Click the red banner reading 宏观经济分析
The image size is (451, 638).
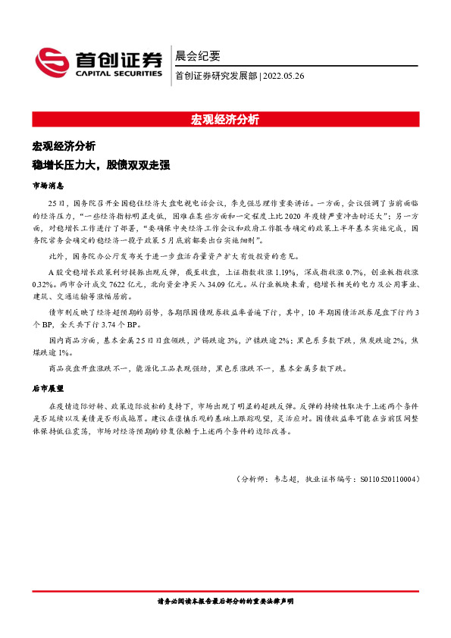[225, 120]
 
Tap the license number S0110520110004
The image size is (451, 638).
[387, 480]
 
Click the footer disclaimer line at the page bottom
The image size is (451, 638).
[225, 602]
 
